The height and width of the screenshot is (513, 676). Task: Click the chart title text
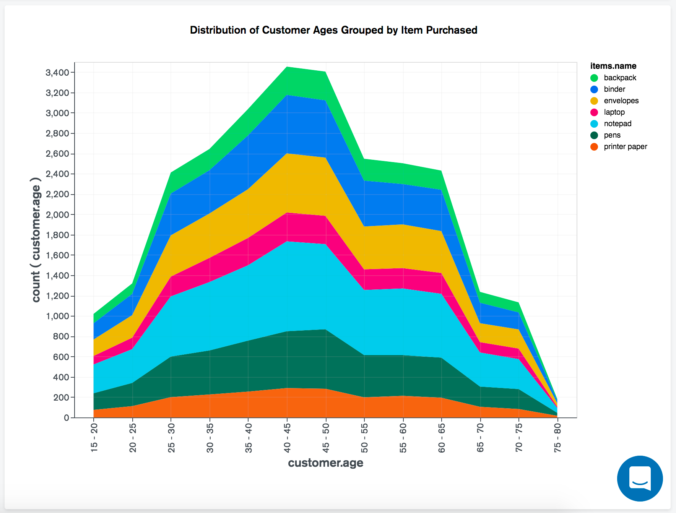pos(333,30)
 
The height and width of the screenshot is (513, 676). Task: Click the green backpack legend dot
pos(594,78)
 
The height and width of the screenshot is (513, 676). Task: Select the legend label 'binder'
pos(614,89)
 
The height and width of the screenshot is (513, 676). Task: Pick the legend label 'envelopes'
pos(621,101)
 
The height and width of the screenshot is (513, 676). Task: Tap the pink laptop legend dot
pos(594,112)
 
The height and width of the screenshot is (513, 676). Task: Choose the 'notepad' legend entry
pos(617,123)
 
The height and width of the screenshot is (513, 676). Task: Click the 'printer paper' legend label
pos(625,146)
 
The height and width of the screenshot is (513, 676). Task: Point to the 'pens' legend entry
pos(612,135)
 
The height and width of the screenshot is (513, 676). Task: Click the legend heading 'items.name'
pos(613,66)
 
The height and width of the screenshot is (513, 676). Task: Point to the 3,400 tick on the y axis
pos(57,73)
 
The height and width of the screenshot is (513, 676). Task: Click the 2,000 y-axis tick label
pos(57,215)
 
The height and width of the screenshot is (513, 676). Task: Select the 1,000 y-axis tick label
pos(57,316)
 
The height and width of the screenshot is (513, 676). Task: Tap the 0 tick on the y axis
pos(67,418)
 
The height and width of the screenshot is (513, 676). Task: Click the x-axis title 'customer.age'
pos(325,463)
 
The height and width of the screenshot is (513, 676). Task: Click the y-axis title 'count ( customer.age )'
pos(36,240)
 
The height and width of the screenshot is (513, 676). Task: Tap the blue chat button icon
pos(640,478)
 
